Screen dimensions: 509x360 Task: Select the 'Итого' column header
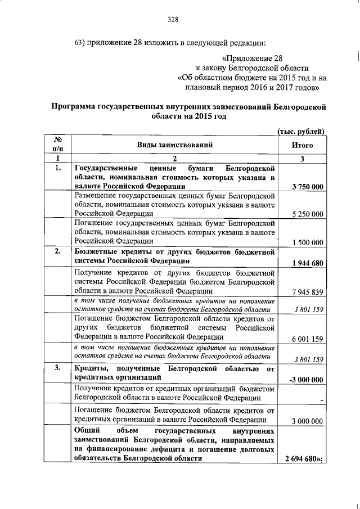point(302,145)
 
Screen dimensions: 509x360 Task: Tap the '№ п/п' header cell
point(58,145)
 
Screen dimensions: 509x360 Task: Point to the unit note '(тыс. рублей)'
point(302,131)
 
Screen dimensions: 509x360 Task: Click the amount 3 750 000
point(304,187)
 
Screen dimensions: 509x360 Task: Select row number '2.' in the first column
point(57,251)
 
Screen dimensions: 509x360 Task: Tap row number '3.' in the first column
point(57,368)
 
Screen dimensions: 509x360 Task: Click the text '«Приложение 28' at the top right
point(252,58)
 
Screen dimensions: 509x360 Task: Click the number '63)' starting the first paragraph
point(83,43)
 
